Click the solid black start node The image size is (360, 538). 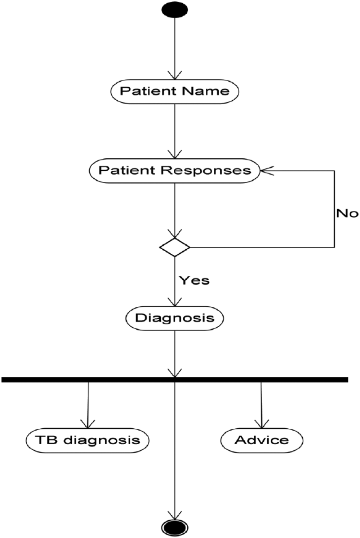pos(175,10)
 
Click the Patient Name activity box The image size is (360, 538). pos(175,92)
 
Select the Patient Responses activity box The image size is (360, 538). pos(175,171)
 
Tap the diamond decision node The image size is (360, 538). pos(175,247)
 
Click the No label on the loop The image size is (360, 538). pos(347,213)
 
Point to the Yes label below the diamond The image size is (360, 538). pos(195,280)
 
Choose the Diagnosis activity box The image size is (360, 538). pos(175,318)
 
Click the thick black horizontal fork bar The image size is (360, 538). pos(175,380)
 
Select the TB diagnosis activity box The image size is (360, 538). pos(88,440)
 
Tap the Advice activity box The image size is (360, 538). pos(262,440)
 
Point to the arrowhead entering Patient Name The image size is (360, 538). pos(175,75)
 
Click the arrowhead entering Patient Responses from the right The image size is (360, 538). pos(267,171)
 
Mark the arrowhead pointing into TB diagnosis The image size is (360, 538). pos(88,424)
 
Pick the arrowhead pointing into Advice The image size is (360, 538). pos(262,424)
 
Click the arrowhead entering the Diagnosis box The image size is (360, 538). pos(175,302)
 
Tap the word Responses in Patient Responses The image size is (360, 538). pos(206,171)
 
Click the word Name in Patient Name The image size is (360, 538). pos(205,91)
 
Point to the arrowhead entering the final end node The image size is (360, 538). pos(175,515)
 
